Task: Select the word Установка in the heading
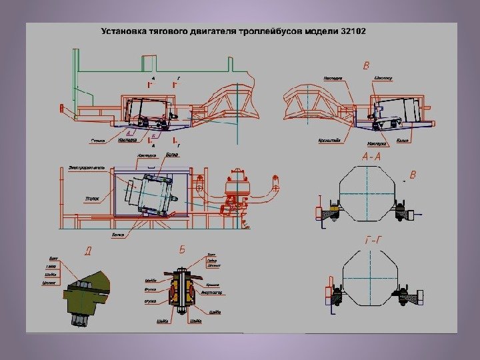[121, 31]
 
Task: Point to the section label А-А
[371, 157]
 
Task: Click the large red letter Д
[87, 251]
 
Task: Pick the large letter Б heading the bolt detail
[181, 250]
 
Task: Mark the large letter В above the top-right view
[365, 65]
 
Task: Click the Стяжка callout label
[99, 141]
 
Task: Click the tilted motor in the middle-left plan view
[155, 193]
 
